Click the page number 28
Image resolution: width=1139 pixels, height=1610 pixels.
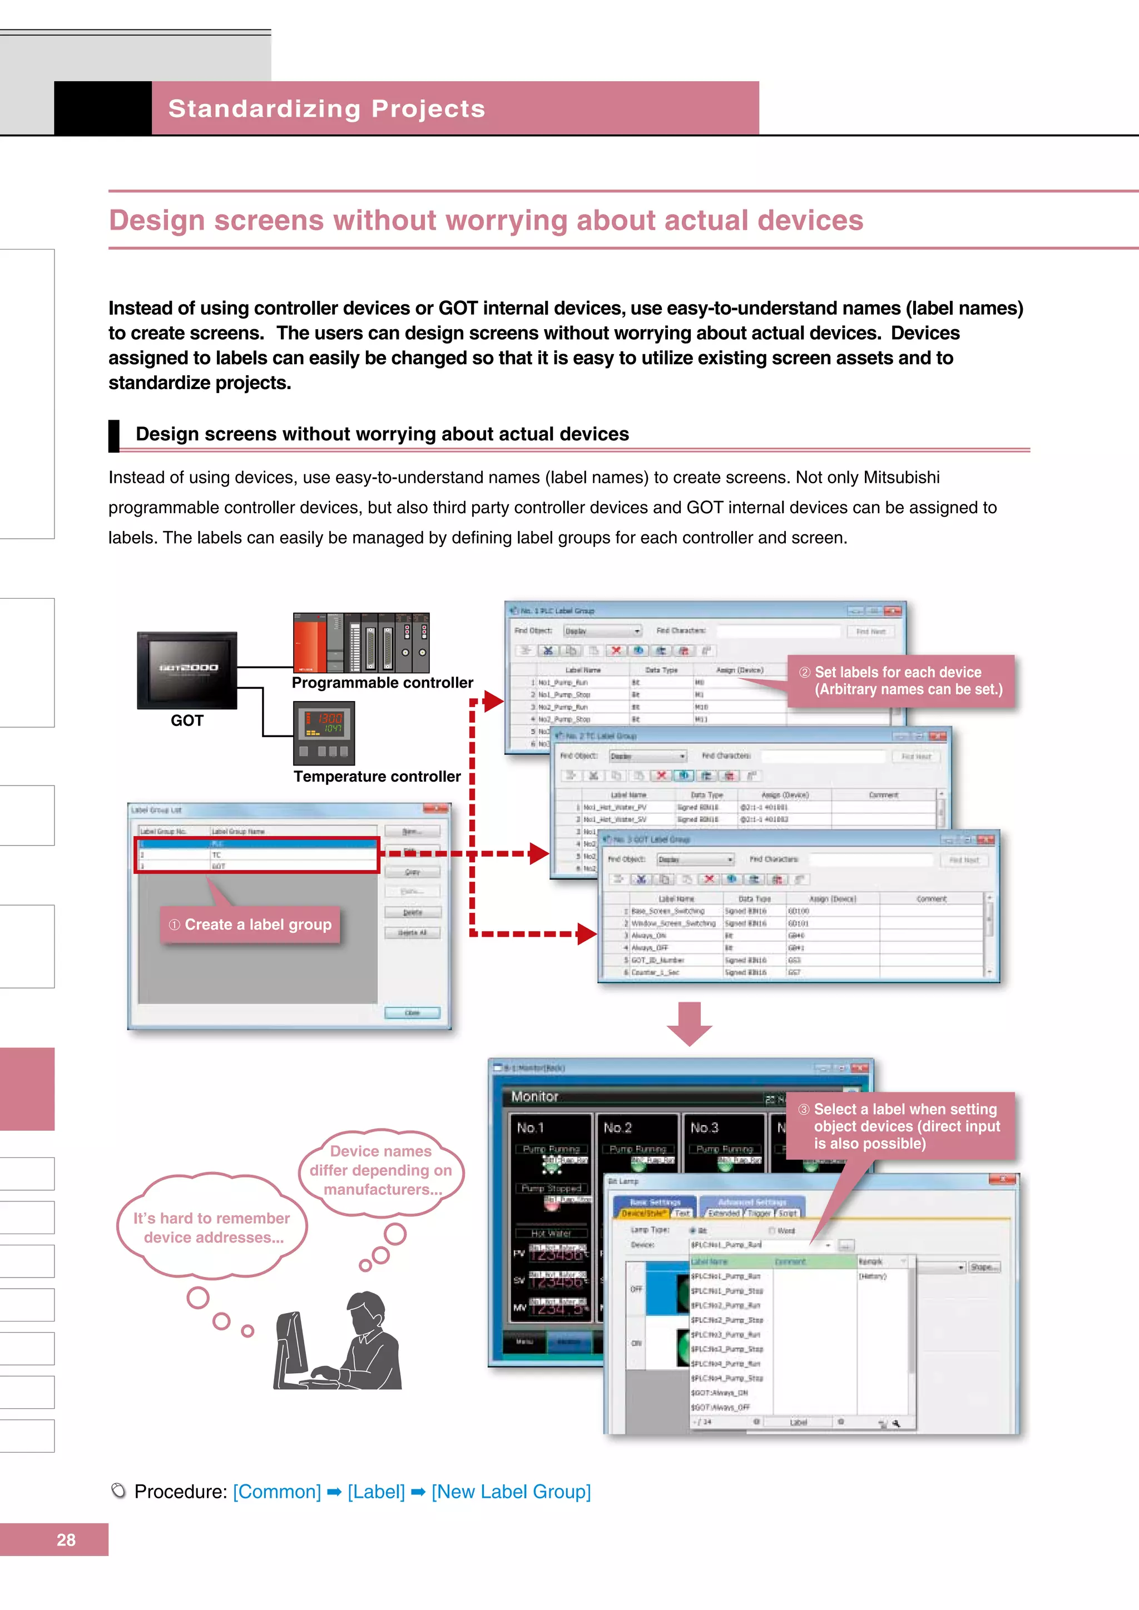66,1539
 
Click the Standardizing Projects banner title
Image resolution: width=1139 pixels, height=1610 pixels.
327,109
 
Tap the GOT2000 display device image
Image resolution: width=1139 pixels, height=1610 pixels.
187,670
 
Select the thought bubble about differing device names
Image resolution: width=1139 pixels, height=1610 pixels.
381,1170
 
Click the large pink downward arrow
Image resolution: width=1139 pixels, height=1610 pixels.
690,1024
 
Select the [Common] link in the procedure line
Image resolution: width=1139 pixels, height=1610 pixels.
276,1492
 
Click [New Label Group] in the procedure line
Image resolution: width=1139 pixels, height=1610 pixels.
511,1492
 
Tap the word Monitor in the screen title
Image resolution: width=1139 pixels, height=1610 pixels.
534,1096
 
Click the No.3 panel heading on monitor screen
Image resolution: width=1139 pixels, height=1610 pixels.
704,1127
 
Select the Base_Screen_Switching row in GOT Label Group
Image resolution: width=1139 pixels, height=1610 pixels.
667,911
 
